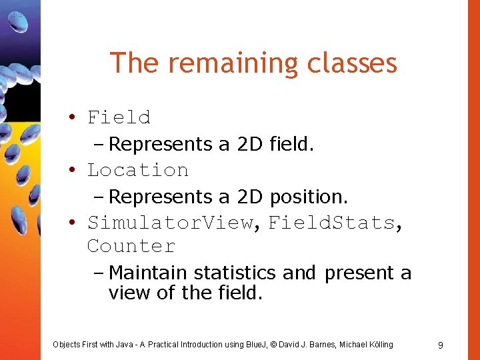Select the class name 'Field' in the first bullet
click(x=119, y=117)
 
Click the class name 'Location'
click(x=137, y=170)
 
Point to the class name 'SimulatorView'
click(x=171, y=222)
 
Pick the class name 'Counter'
click(x=131, y=246)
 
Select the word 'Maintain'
click(x=148, y=273)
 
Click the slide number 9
click(x=441, y=345)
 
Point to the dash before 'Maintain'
click(x=100, y=273)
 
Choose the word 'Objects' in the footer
click(x=66, y=345)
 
